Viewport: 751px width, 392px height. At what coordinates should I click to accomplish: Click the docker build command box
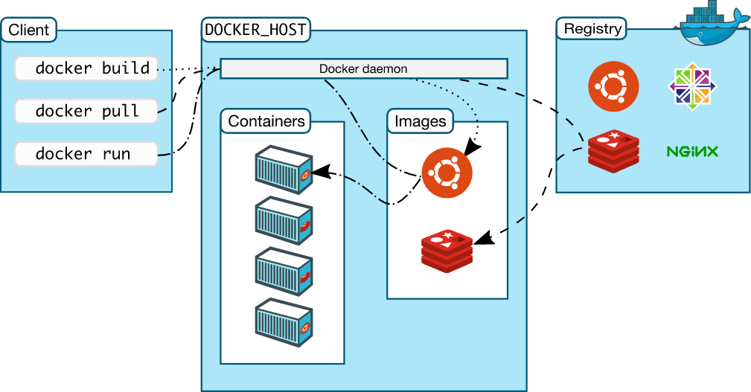(x=86, y=68)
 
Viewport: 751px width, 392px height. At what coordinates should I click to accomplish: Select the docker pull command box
(x=86, y=112)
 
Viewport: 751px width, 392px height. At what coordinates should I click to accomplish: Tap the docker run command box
(x=86, y=154)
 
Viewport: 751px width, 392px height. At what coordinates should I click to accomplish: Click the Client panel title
(x=29, y=30)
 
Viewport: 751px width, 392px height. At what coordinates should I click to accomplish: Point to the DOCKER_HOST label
(x=255, y=30)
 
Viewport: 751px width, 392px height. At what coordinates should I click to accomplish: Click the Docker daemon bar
(x=363, y=69)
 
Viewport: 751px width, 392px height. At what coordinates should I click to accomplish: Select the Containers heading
(x=266, y=121)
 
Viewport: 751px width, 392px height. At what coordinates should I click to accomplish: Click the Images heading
(x=420, y=121)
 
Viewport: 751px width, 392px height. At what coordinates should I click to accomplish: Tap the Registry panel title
(x=592, y=29)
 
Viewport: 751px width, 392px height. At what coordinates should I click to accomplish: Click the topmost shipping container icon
(x=284, y=170)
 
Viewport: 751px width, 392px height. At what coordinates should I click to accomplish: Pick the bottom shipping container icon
(x=284, y=323)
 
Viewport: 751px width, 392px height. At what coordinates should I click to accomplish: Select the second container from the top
(x=284, y=221)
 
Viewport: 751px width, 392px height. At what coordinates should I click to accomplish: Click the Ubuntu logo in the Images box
(x=447, y=173)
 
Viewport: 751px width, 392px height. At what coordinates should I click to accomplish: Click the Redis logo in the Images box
(x=447, y=249)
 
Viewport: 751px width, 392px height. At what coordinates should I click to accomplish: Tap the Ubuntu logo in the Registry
(x=613, y=86)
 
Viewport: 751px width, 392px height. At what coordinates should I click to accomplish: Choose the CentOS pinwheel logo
(x=692, y=86)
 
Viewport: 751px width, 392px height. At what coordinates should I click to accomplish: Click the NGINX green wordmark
(x=692, y=152)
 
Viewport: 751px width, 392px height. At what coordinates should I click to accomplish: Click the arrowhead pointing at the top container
(x=319, y=173)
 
